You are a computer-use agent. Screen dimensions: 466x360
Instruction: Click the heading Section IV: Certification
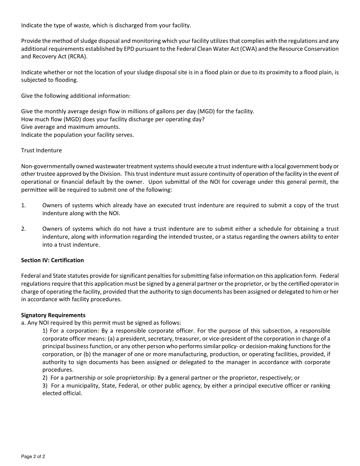[52, 260]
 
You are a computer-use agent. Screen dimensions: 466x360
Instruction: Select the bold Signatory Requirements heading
[53, 315]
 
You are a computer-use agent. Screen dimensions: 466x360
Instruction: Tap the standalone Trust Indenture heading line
[41, 150]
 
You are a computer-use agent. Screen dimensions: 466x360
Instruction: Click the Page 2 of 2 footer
[33, 457]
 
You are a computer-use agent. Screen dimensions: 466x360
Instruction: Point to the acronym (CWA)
[249, 49]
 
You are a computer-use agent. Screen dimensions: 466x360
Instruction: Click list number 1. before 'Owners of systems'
[23, 205]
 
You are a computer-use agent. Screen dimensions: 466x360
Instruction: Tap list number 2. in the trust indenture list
[23, 229]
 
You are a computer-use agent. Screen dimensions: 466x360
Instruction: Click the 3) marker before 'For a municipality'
[45, 386]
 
